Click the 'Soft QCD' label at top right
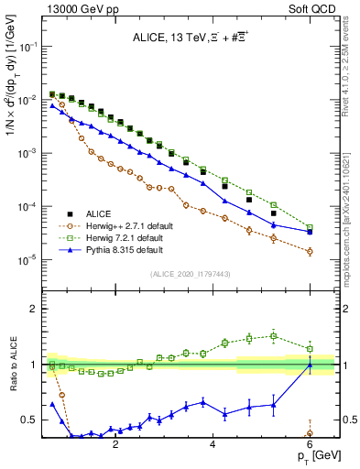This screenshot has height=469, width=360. coord(316,8)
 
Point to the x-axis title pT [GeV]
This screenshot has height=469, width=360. coord(312,455)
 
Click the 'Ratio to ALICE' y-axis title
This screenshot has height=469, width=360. coord(11,365)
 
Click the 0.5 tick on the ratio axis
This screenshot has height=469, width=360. coord(29,420)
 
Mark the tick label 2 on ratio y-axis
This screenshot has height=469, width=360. coord(35,309)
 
